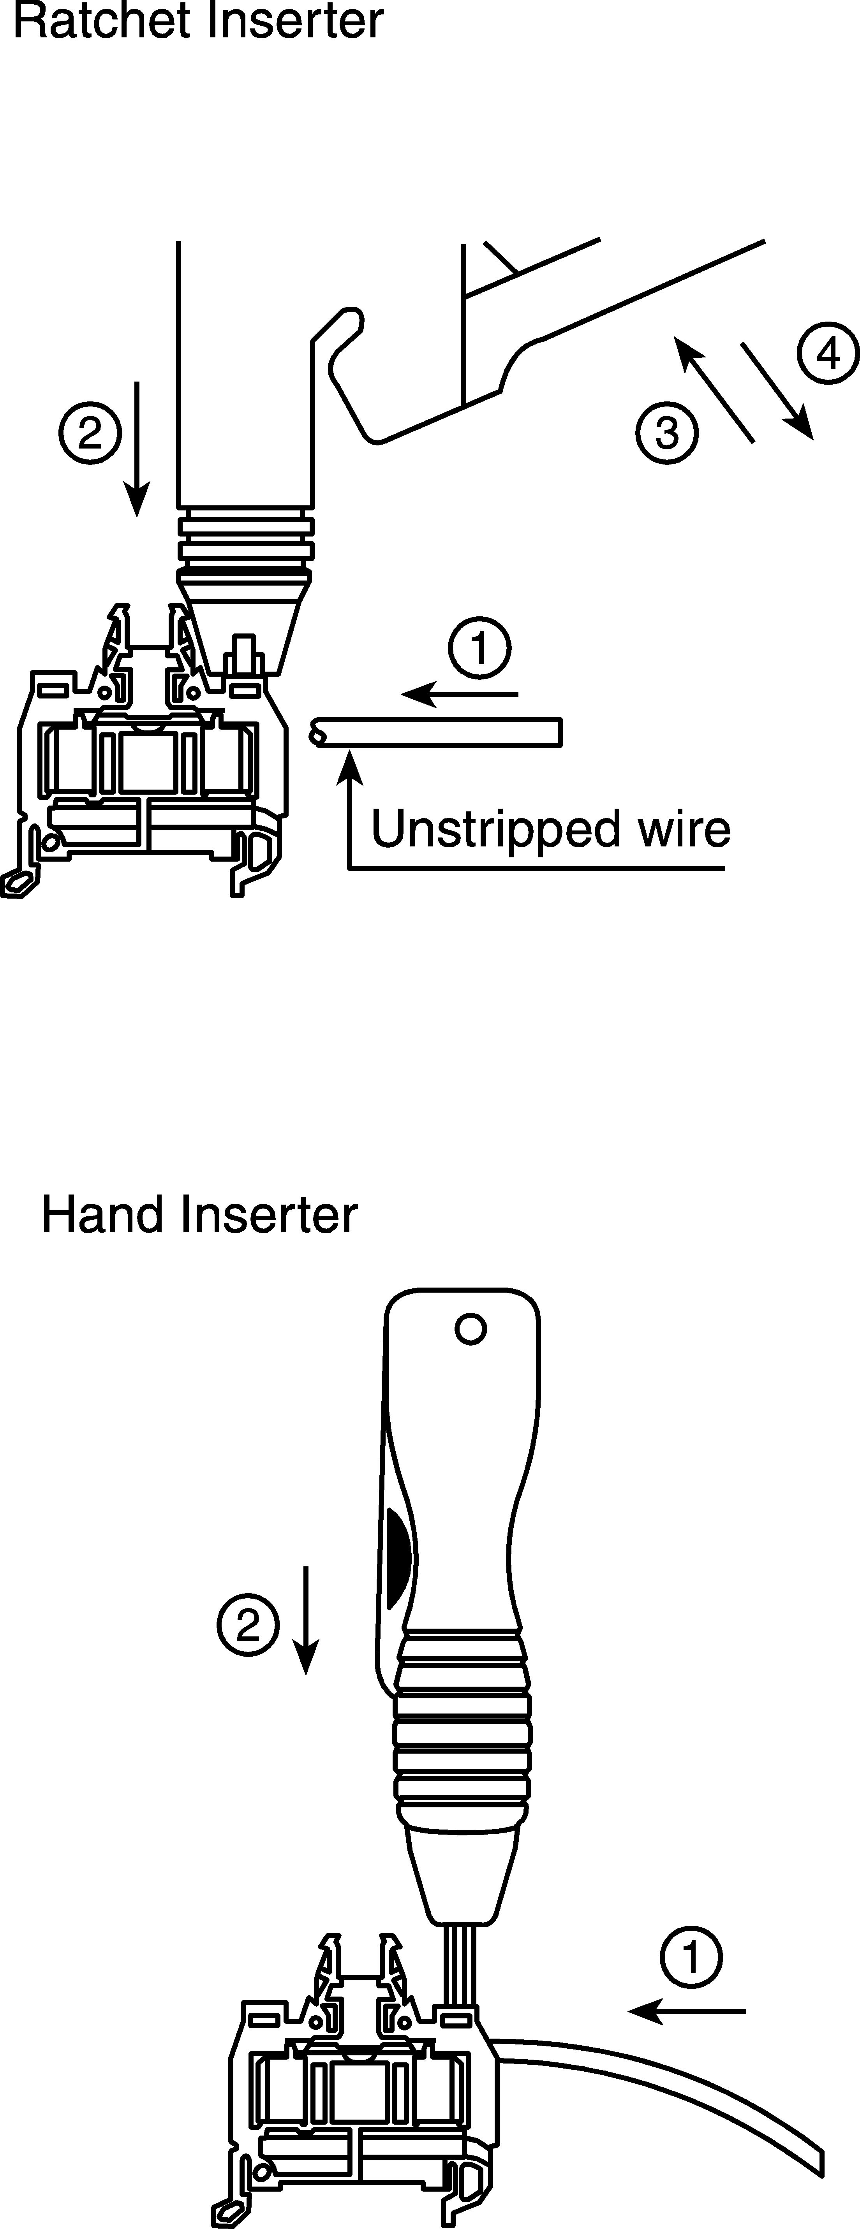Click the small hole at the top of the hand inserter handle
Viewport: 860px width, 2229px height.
[x=470, y=1328]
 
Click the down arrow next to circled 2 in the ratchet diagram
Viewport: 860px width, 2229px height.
[x=136, y=448]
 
